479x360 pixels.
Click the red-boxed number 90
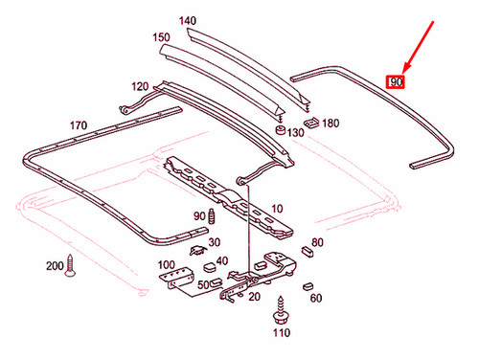(395, 81)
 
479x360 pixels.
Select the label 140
(188, 20)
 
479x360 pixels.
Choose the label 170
(78, 125)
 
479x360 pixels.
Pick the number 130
(294, 133)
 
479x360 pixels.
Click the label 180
(331, 123)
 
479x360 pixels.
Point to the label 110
(280, 333)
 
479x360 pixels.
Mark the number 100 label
(166, 264)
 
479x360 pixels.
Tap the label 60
(316, 298)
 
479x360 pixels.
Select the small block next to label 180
(311, 123)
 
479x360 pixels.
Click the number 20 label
(253, 297)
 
